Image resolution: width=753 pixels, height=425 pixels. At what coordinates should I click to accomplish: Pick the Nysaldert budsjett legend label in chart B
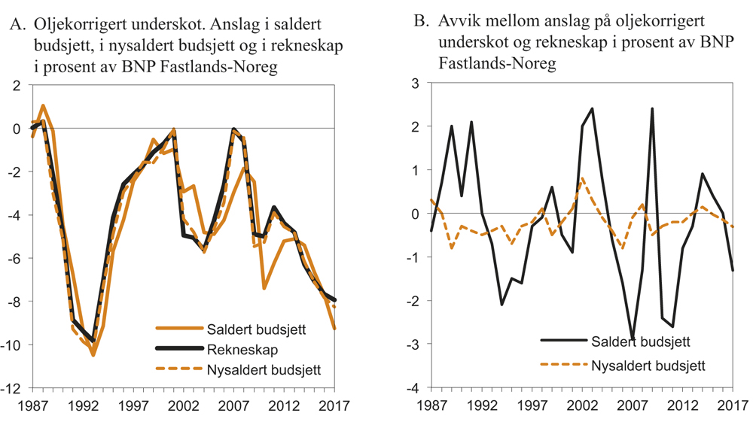pos(651,366)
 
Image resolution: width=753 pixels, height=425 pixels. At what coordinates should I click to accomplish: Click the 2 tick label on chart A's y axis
pos(17,85)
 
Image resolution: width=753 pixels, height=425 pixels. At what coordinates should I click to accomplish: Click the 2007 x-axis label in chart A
pos(234,407)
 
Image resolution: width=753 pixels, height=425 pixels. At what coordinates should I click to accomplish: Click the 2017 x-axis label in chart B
pos(733,407)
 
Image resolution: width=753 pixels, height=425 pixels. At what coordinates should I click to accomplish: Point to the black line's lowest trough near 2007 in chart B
pos(633,339)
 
